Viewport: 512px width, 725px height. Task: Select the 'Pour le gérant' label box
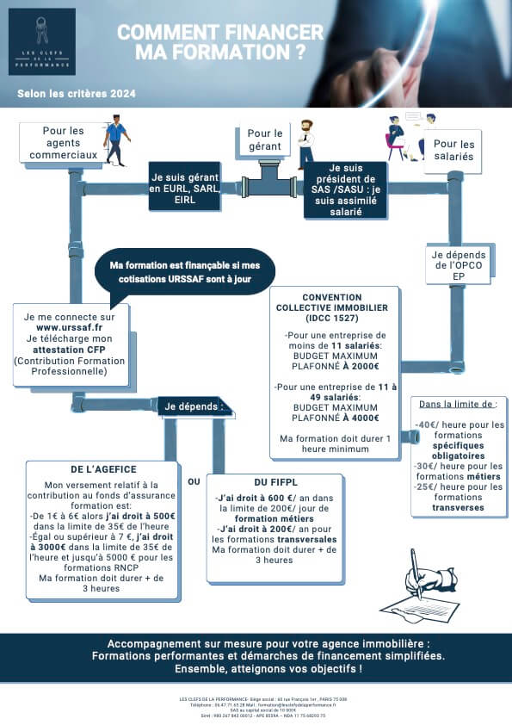(x=265, y=139)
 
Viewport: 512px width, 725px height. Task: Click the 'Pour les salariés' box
(x=453, y=151)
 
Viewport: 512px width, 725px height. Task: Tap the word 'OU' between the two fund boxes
(x=194, y=481)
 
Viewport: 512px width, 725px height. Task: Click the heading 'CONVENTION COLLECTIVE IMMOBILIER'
(x=331, y=307)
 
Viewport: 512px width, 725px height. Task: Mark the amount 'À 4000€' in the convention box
(x=361, y=418)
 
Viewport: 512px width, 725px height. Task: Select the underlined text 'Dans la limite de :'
(x=458, y=404)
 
